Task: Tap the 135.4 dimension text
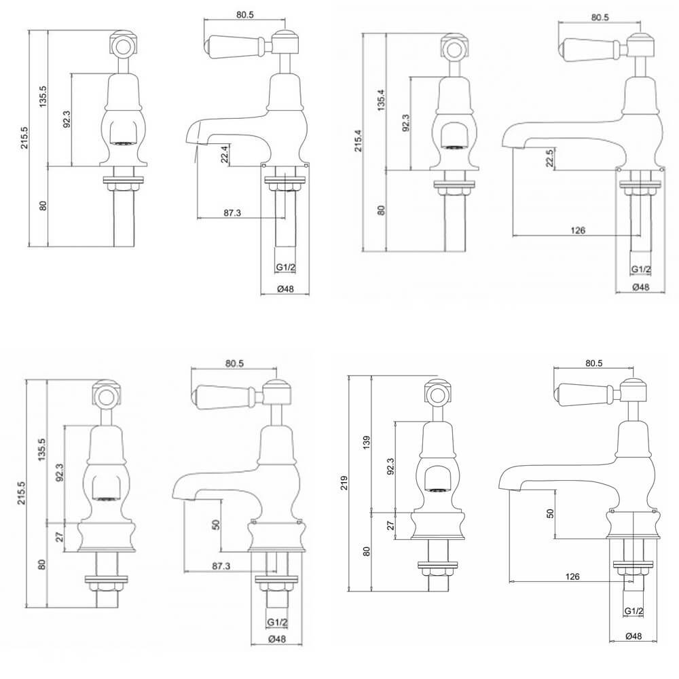pyautogui.click(x=381, y=100)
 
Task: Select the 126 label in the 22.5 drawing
pyautogui.click(x=579, y=230)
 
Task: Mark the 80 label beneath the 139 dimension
pyautogui.click(x=367, y=551)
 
